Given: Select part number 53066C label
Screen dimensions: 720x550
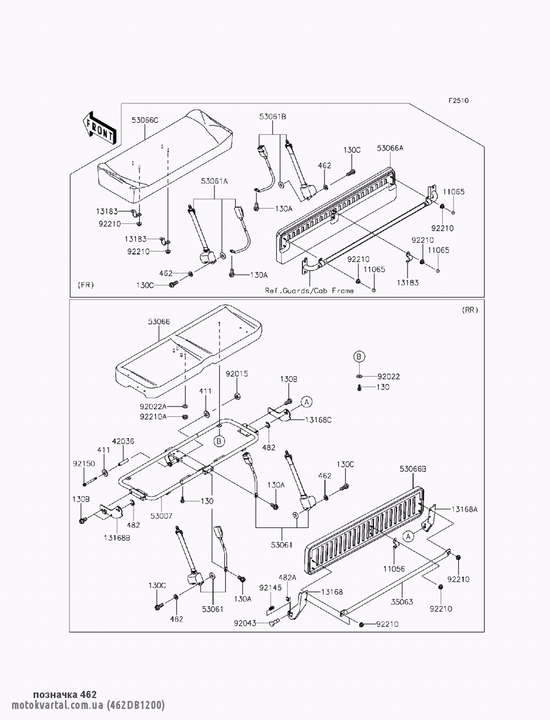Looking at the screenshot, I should [x=145, y=119].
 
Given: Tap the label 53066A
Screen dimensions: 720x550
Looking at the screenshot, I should [x=390, y=148].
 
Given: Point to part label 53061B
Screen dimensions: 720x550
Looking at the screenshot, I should [x=273, y=117].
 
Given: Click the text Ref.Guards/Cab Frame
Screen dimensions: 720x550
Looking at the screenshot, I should [x=309, y=290].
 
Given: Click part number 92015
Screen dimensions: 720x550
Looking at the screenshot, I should [x=237, y=373].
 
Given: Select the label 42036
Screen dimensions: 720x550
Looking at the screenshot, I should [x=123, y=441].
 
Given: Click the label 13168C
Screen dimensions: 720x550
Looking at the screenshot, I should [x=318, y=420].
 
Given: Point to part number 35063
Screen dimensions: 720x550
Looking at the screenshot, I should [x=402, y=602].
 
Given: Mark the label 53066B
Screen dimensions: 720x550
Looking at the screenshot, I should [x=413, y=469].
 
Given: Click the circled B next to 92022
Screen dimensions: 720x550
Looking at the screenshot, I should [x=359, y=356].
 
